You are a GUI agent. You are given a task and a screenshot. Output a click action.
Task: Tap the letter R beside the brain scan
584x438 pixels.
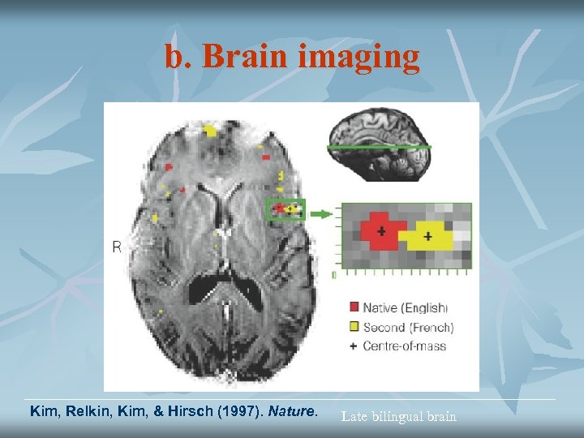[116, 246]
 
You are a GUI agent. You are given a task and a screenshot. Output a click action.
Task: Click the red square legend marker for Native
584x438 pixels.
[354, 307]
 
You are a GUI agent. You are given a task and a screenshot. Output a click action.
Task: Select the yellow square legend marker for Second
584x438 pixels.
[354, 327]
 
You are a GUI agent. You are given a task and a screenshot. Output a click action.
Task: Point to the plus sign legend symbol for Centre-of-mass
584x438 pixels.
[354, 346]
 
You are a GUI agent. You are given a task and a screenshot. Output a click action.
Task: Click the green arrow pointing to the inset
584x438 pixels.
[322, 214]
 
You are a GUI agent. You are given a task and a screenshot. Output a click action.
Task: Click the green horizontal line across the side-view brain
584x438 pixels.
[377, 148]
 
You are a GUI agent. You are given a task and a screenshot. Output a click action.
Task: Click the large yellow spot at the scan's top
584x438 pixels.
[211, 129]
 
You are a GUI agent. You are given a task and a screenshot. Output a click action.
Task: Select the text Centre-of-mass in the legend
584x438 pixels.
[404, 346]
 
